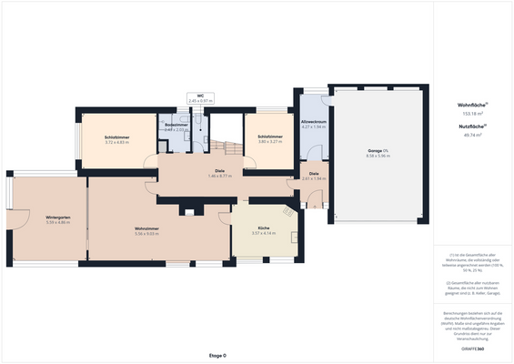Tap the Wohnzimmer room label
tap(147, 228)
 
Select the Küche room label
tap(263, 228)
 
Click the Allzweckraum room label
tap(313, 122)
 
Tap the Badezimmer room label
tap(176, 125)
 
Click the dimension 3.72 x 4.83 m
tap(119, 143)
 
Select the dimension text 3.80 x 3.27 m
tap(270, 143)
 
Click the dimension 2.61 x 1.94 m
tap(314, 178)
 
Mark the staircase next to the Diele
tap(224, 147)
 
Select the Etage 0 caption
tap(217, 355)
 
